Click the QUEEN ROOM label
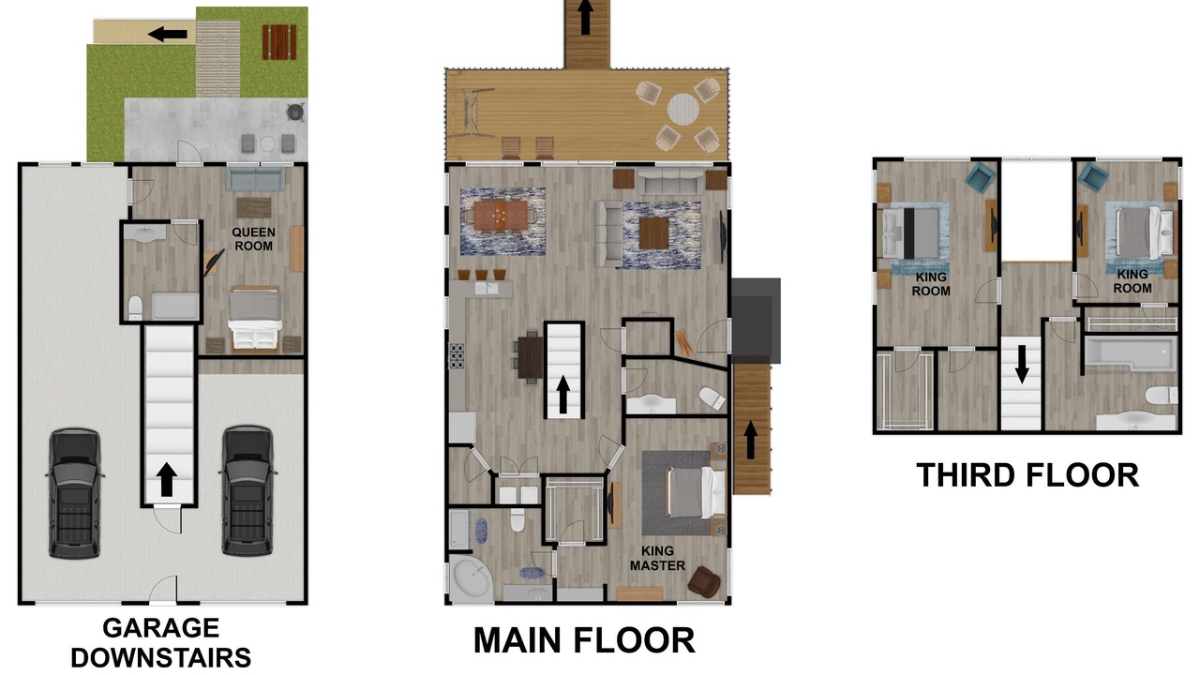pos(253,239)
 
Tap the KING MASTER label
pos(657,558)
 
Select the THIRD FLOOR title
pos(1027,475)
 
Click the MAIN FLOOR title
pos(584,639)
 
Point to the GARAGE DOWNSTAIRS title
pos(160,643)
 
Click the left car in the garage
pos(74,493)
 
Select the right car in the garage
pos(247,490)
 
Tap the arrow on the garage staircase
pos(167,479)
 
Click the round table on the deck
pos(683,110)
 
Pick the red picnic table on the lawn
pos(278,42)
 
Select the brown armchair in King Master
pos(704,582)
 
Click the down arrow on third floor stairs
pos(1022,365)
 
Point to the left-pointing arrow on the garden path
pos(167,35)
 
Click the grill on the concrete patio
pos(295,112)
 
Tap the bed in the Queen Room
pos(255,320)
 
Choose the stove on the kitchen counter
pos(457,356)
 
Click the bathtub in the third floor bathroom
pos(1131,353)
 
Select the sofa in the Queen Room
pos(256,179)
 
